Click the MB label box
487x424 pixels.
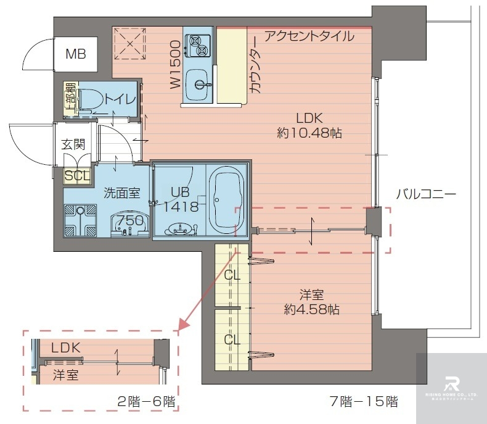coord(76,54)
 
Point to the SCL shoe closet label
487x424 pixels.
coord(78,176)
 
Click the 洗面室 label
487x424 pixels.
coord(121,193)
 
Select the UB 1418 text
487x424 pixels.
coord(181,199)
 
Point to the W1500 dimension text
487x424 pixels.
coord(176,64)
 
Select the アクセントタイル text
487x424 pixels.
coord(309,36)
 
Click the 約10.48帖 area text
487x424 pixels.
coord(309,132)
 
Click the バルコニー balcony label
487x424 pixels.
coord(425,194)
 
